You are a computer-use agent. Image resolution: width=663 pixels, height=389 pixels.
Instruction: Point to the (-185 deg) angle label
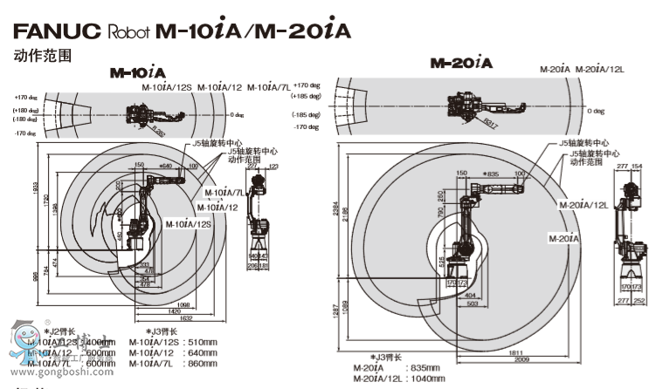[306, 115]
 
